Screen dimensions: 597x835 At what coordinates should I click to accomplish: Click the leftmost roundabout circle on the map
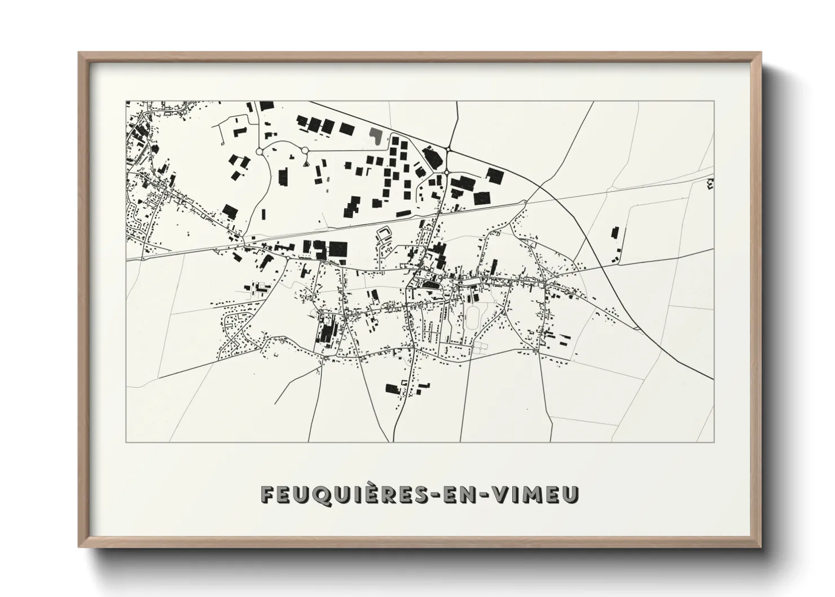click(260, 151)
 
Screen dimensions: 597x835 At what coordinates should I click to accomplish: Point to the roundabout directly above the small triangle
click(305, 150)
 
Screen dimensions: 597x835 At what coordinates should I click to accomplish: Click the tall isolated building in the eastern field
click(614, 232)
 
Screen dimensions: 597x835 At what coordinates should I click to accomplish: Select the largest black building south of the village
click(393, 388)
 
